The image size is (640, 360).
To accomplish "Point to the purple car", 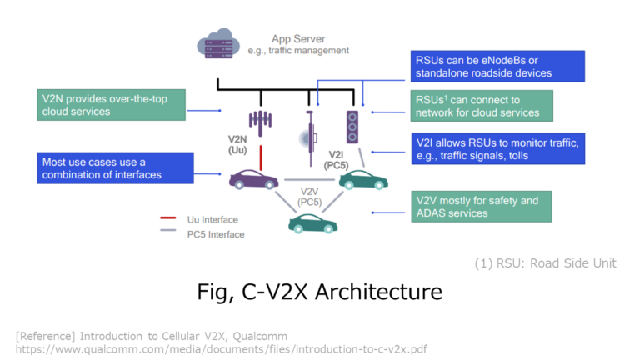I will tap(254, 177).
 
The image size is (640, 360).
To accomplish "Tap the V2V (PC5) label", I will tap(310, 197).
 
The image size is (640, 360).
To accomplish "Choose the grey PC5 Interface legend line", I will tap(167, 233).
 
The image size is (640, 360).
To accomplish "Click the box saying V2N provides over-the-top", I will tap(110, 105).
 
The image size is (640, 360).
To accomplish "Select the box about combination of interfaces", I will tap(110, 167).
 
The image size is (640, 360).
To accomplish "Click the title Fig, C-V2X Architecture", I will tap(320, 292).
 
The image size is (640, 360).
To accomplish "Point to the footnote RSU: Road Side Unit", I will tap(545, 263).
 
